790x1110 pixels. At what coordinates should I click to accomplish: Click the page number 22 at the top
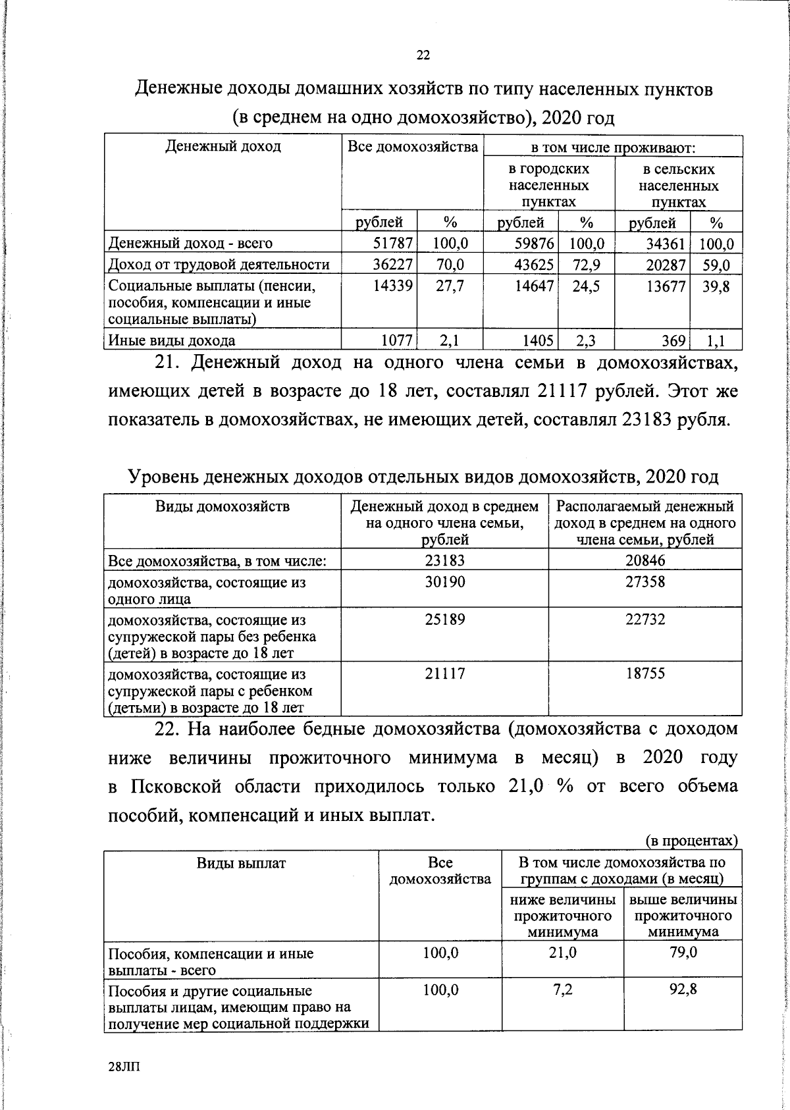423,55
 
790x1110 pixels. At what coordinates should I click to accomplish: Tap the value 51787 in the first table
393,244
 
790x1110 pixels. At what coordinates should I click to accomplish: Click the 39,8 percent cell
716,286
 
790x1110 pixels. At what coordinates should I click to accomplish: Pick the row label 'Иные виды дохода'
172,341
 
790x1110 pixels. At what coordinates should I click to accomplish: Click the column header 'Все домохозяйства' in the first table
412,147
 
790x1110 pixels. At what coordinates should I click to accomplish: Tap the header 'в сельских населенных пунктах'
678,186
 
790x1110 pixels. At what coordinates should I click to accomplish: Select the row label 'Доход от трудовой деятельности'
219,265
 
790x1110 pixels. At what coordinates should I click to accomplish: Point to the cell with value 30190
444,582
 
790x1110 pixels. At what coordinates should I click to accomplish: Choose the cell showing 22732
645,620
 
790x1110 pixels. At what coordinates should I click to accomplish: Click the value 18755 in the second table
645,674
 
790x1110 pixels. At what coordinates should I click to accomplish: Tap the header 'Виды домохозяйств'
222,506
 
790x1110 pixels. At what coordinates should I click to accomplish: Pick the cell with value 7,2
563,990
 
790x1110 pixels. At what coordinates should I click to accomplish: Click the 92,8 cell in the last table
683,990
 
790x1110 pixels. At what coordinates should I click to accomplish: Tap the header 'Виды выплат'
241,863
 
